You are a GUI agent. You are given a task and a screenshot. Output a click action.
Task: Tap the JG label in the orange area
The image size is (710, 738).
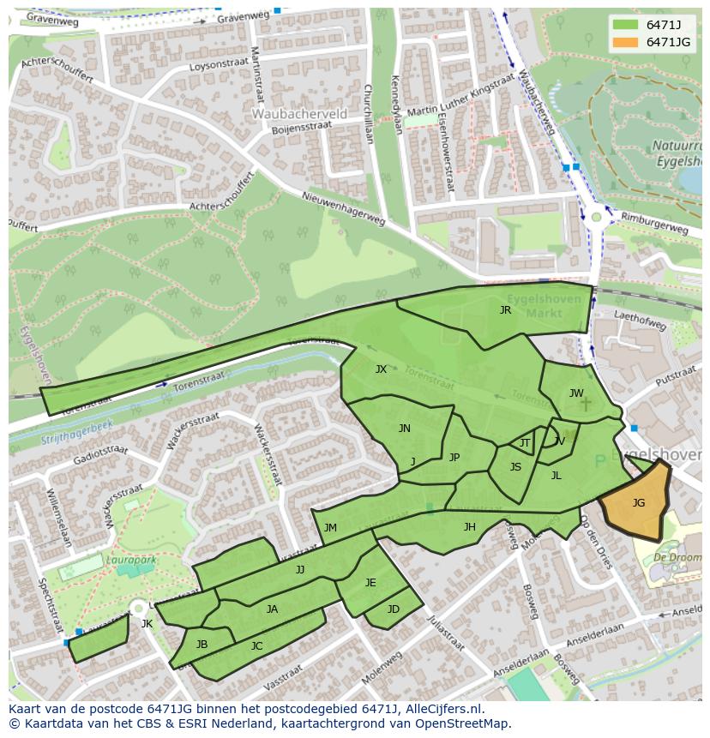[x=638, y=503]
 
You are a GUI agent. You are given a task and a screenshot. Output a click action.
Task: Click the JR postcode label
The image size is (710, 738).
[x=505, y=310]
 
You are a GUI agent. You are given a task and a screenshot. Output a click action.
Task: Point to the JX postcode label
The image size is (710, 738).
[x=381, y=369]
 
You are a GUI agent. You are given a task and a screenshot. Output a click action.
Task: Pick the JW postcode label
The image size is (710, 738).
[x=576, y=393]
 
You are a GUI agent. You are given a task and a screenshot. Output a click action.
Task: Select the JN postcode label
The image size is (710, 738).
[x=404, y=429]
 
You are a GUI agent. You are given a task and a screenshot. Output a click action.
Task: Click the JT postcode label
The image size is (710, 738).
[x=525, y=443]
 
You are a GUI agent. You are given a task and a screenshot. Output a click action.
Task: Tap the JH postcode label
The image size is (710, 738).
[x=469, y=527]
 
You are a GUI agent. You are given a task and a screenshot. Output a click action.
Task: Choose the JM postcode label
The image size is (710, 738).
[x=330, y=528]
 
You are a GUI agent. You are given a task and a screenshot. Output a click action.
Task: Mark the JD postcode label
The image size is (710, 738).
[x=393, y=609]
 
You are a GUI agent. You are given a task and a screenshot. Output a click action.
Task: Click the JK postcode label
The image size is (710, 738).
[x=147, y=624]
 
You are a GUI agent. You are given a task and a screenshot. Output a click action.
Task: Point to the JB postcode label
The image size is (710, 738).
[x=202, y=644]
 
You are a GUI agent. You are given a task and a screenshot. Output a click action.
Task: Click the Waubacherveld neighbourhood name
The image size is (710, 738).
[x=299, y=113]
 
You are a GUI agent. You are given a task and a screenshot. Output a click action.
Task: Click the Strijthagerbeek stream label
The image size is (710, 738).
[x=76, y=433]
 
